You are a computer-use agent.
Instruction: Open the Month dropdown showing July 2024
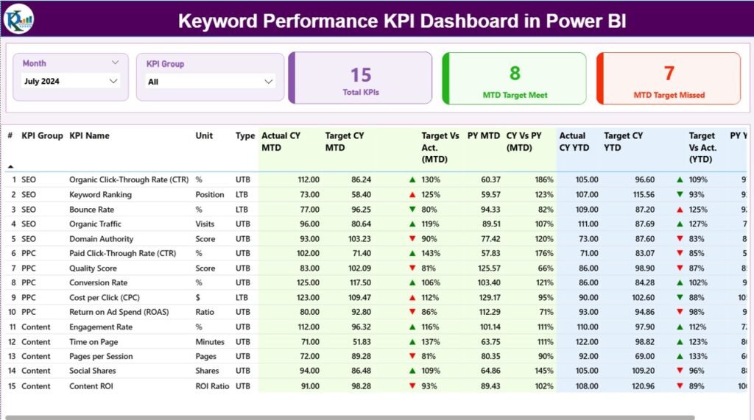click(x=71, y=81)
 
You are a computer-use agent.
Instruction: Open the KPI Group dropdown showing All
click(x=211, y=82)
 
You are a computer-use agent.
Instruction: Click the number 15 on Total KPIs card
click(x=361, y=74)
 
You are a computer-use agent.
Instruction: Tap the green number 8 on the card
click(x=515, y=73)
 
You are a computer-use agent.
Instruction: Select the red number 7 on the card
click(x=669, y=73)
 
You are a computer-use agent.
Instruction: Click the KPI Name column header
click(x=89, y=135)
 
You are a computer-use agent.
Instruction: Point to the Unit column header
click(x=204, y=135)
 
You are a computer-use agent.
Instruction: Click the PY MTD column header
click(x=483, y=135)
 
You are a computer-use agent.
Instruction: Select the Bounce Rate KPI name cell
click(x=91, y=209)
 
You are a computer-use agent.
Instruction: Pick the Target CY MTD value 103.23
click(x=358, y=238)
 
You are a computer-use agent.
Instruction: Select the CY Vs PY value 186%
click(x=544, y=179)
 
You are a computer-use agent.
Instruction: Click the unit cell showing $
click(x=198, y=297)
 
